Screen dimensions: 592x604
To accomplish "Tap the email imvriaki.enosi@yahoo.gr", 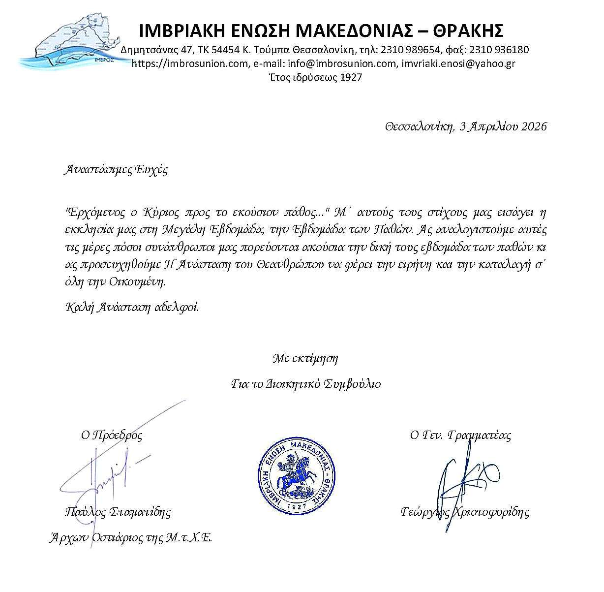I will pos(458,63).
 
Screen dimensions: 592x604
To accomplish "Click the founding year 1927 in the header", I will pos(351,77).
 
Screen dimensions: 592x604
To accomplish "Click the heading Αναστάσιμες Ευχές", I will pos(116,171).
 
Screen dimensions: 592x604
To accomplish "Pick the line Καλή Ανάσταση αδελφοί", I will pos(132,308).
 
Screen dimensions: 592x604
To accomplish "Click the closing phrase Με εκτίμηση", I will pos(305,358).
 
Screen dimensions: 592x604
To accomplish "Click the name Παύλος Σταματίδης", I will pos(118,512).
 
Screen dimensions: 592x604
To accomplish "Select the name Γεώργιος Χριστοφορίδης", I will pos(465,512).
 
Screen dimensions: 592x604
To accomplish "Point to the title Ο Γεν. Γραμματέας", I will pos(460,435).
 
